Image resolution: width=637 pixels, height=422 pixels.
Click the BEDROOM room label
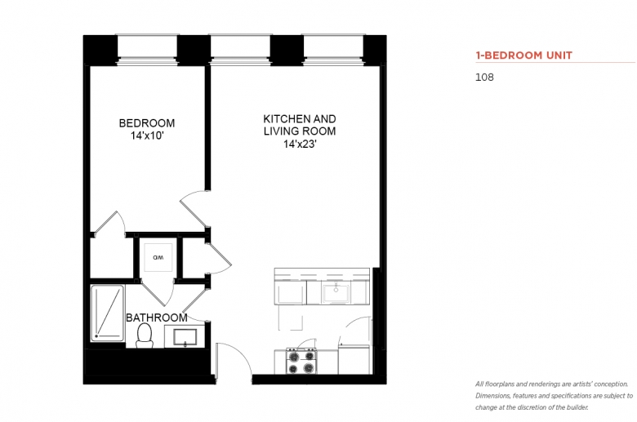click(147, 123)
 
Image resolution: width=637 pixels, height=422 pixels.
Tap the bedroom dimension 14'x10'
click(147, 135)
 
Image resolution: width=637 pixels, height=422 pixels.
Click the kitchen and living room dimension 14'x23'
click(300, 144)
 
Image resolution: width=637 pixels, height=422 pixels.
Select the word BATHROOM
click(157, 318)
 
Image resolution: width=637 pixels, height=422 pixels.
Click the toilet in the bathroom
click(145, 336)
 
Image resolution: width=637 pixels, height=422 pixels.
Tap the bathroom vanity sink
click(185, 337)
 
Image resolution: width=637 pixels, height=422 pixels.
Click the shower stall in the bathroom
click(107, 313)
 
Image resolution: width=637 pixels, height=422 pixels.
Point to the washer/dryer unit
click(158, 257)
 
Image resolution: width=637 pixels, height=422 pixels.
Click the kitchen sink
click(336, 293)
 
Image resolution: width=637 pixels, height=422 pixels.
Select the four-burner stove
click(302, 361)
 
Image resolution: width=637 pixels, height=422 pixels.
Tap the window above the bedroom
click(147, 50)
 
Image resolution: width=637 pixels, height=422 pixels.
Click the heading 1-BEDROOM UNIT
click(524, 56)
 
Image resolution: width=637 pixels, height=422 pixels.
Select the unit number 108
click(484, 78)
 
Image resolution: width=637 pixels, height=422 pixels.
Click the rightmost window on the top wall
click(333, 50)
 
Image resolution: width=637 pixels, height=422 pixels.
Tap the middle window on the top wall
click(239, 50)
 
